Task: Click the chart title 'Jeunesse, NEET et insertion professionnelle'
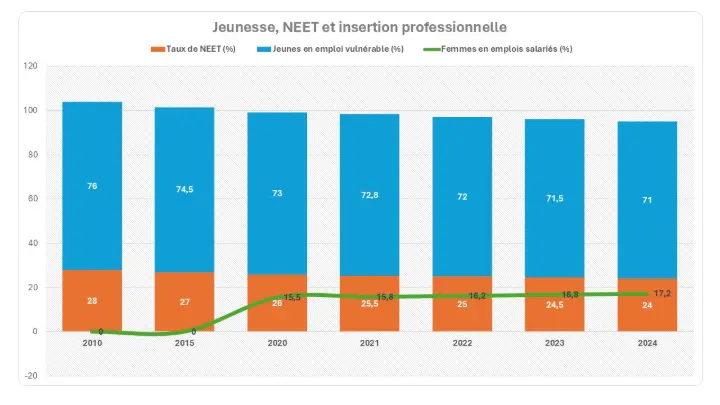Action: point(359,26)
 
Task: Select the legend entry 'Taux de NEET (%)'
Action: point(196,48)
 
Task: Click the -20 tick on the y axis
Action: point(31,376)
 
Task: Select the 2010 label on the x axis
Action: point(92,344)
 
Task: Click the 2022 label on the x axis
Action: point(462,344)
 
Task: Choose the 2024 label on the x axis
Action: point(647,344)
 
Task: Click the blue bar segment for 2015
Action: point(185,189)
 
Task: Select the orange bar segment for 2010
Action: point(92,300)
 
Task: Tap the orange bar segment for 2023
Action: point(555,304)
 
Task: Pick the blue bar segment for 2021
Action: point(370,195)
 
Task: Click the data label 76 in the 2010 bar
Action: point(92,186)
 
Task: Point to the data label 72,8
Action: point(370,194)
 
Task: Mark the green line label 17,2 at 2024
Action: point(661,293)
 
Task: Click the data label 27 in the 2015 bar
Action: point(185,301)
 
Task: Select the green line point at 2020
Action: point(278,297)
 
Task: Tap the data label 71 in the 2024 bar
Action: point(647,199)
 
